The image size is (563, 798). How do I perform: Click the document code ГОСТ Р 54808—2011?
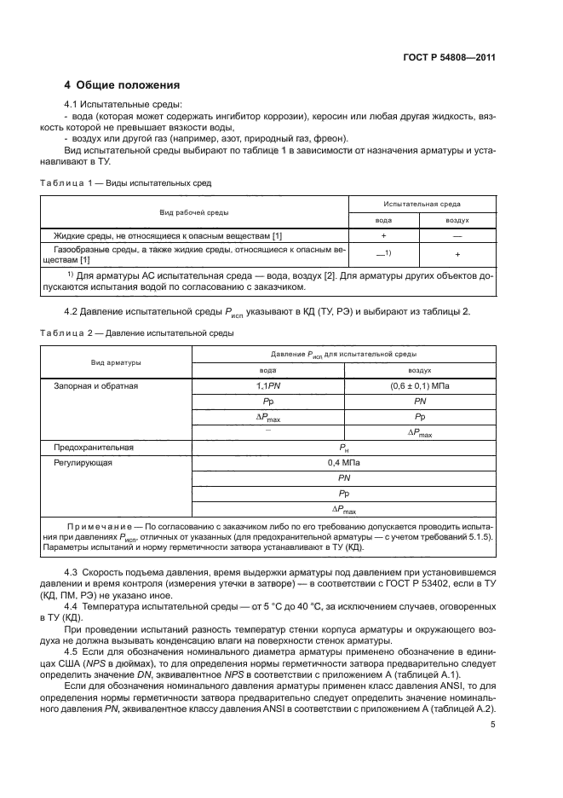coord(449,58)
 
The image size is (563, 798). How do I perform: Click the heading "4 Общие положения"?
coord(123,85)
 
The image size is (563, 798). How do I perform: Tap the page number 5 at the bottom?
coord(493,725)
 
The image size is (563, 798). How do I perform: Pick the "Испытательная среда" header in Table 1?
coord(422,205)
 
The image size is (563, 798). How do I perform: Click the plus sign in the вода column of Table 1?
coord(384,234)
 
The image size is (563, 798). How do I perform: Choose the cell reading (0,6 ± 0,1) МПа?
coord(420,385)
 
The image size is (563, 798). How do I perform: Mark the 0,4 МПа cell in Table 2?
coord(343,463)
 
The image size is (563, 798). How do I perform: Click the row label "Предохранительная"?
coord(94,447)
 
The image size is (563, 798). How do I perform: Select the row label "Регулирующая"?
coord(83,463)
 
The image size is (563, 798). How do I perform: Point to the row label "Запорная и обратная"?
coord(96,385)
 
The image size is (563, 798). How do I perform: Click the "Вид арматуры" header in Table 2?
coord(117,362)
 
